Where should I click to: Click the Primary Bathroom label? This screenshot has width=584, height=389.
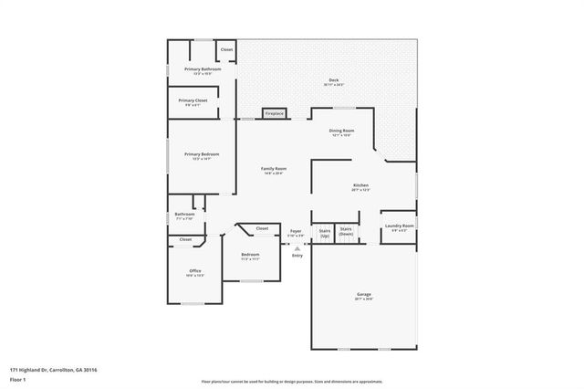pyautogui.click(x=202, y=69)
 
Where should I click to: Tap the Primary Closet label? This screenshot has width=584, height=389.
pyautogui.click(x=193, y=100)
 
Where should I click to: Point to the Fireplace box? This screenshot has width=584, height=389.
pyautogui.click(x=274, y=113)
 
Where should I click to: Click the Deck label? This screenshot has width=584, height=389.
pyautogui.click(x=333, y=80)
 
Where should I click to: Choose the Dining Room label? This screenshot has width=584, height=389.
pyautogui.click(x=341, y=131)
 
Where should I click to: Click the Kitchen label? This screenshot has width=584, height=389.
pyautogui.click(x=360, y=185)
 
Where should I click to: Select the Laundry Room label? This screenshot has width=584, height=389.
pyautogui.click(x=400, y=226)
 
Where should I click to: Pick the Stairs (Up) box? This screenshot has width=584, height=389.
pyautogui.click(x=323, y=232)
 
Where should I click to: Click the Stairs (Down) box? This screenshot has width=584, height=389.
pyautogui.click(x=346, y=232)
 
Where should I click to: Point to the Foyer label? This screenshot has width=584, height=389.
pyautogui.click(x=296, y=231)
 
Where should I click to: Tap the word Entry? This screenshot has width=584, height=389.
pyautogui.click(x=297, y=255)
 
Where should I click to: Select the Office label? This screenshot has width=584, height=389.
pyautogui.click(x=194, y=271)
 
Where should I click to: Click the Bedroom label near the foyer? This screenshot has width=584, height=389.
pyautogui.click(x=250, y=254)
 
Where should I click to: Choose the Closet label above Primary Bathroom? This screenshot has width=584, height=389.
pyautogui.click(x=226, y=49)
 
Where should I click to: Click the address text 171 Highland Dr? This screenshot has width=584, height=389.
pyautogui.click(x=54, y=370)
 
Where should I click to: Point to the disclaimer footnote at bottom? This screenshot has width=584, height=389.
pyautogui.click(x=291, y=381)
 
